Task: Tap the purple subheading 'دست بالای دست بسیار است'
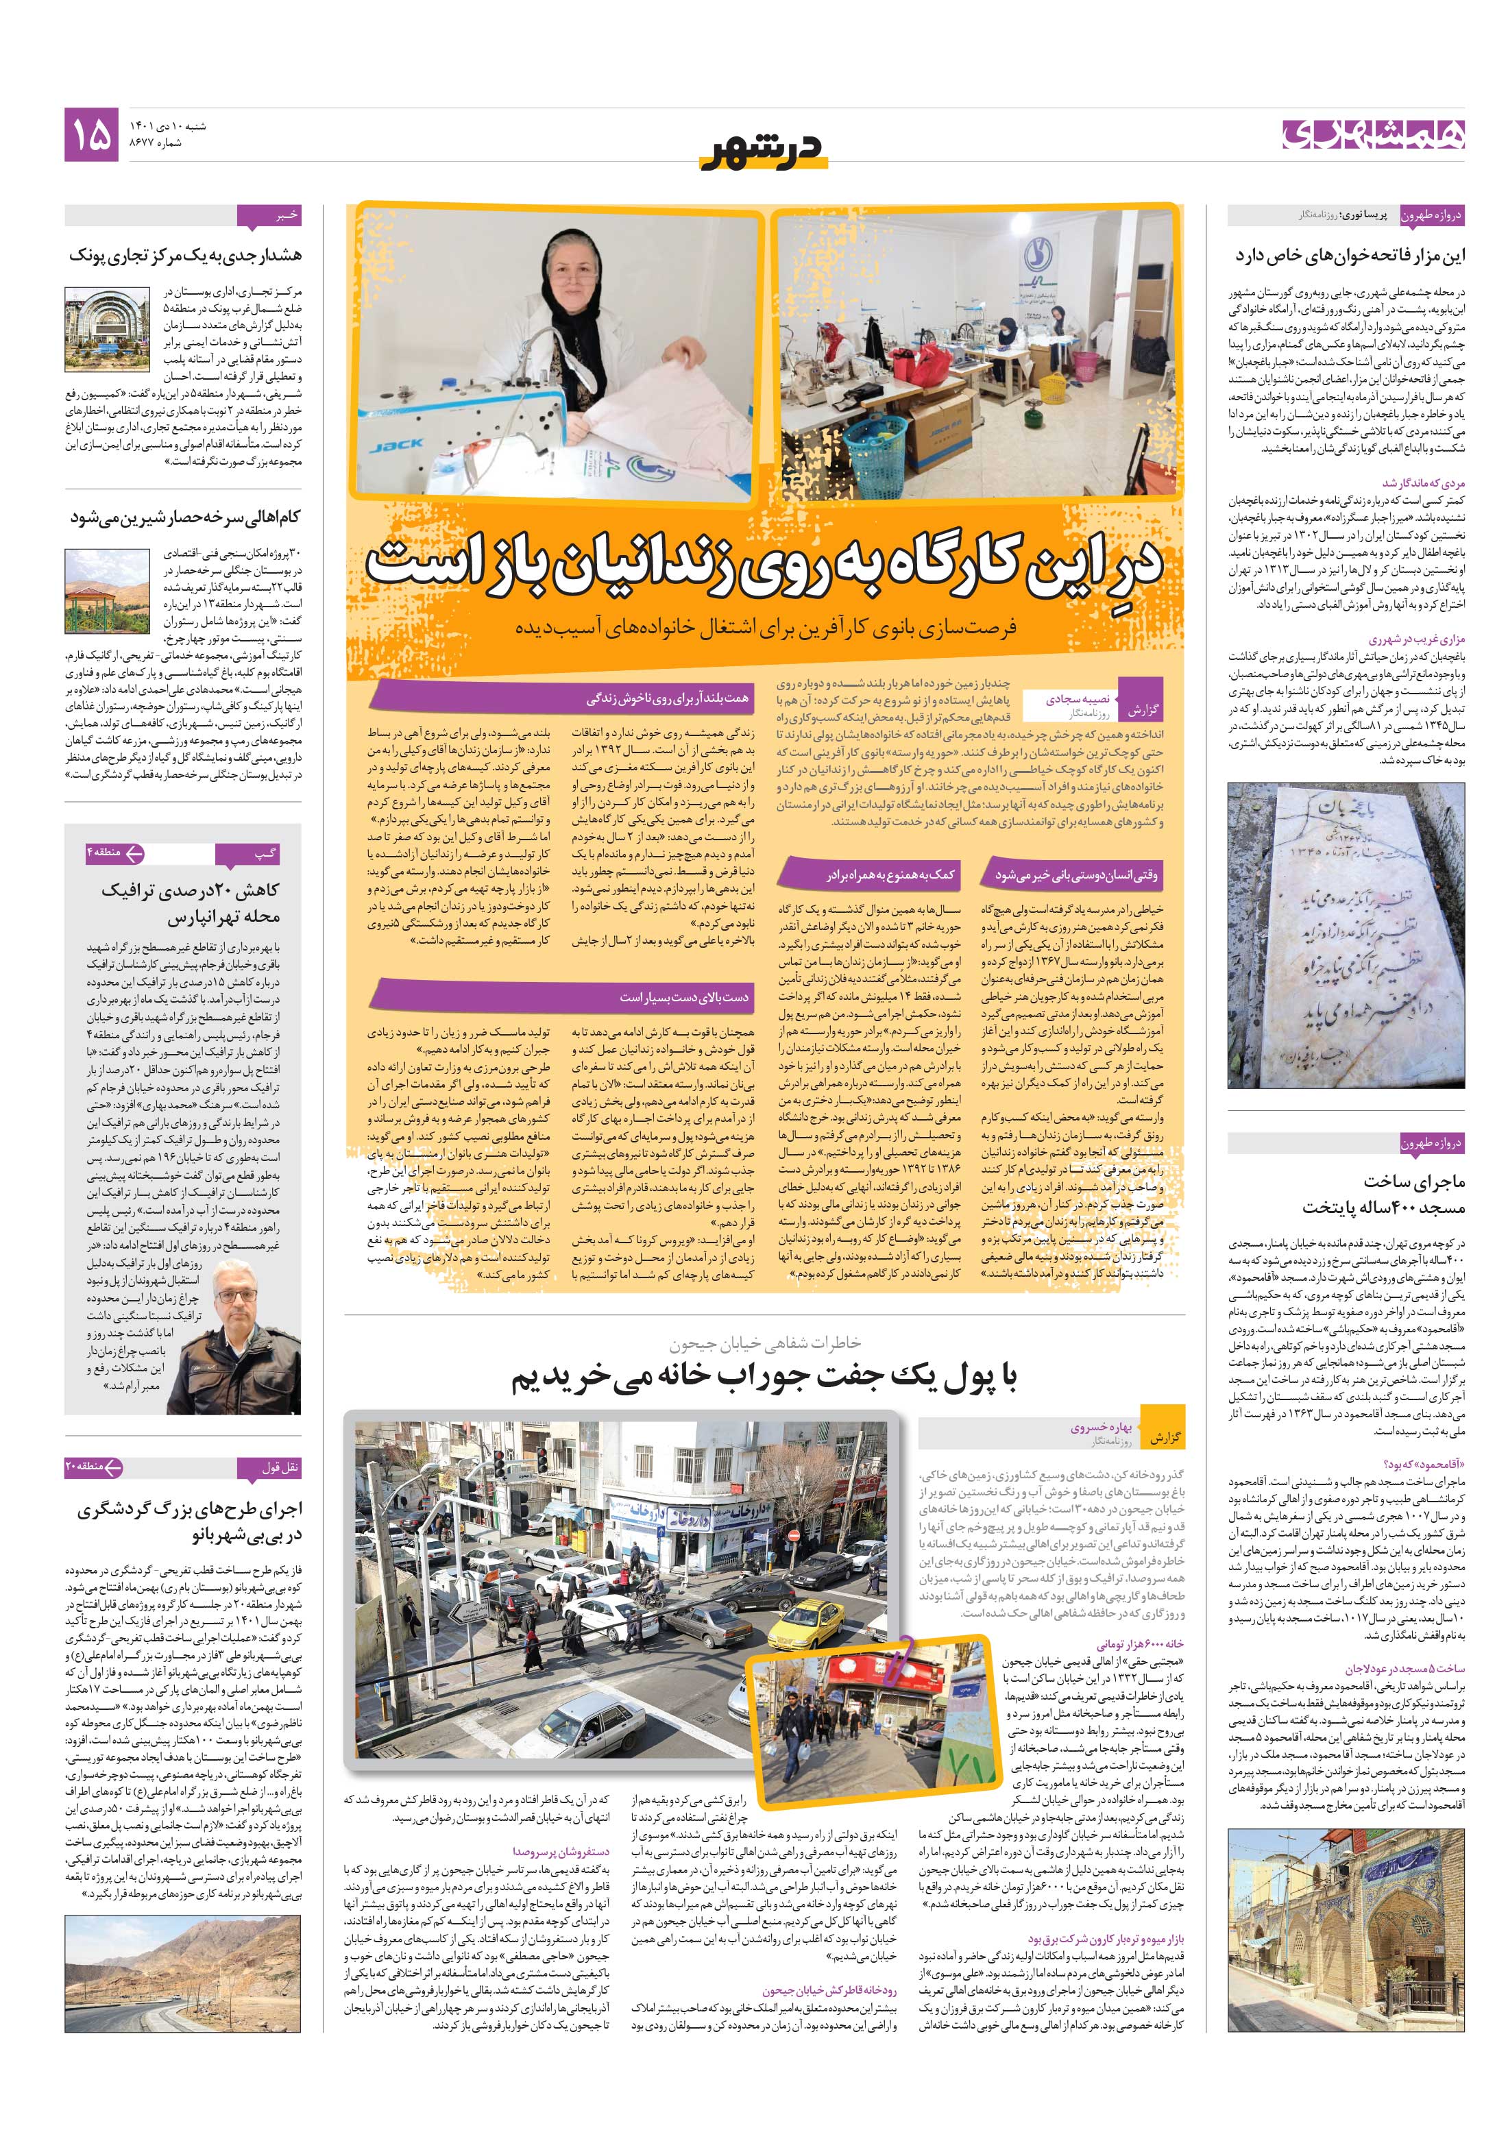point(683,996)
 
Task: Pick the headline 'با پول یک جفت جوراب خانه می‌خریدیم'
point(764,1378)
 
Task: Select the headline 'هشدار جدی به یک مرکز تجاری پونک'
point(185,255)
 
